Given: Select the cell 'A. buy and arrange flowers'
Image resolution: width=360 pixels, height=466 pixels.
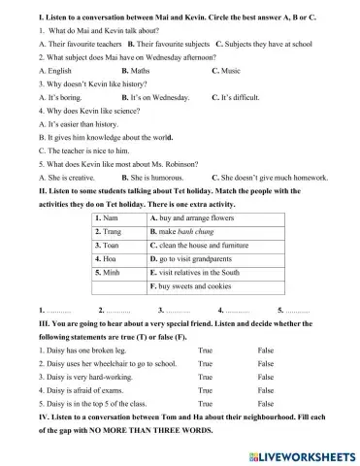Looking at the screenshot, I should tap(193, 218).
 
